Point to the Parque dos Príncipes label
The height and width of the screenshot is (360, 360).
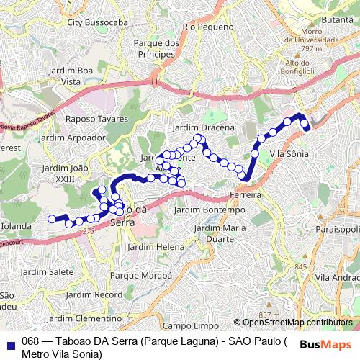coord(156,48)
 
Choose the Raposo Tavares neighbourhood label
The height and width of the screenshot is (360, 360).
coord(96,118)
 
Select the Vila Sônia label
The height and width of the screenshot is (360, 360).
coord(289,154)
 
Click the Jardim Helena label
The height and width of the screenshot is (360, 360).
coord(156,246)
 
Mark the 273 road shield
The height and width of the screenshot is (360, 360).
coord(88,230)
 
